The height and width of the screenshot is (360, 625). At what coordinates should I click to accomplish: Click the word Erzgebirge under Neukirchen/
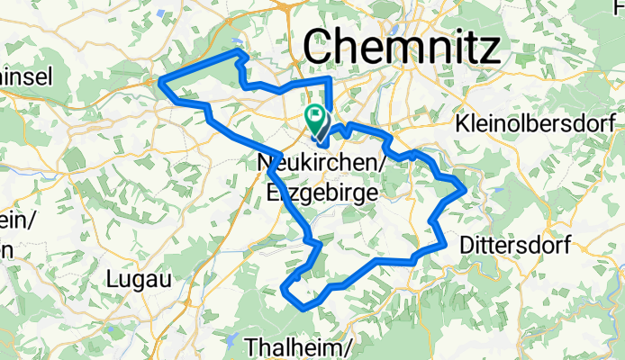(x=320, y=191)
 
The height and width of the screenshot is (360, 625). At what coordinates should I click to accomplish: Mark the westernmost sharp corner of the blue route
(x=160, y=82)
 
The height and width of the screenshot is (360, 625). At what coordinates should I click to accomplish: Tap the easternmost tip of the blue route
(x=465, y=188)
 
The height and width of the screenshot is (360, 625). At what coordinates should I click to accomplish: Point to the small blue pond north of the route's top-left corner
(x=236, y=41)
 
